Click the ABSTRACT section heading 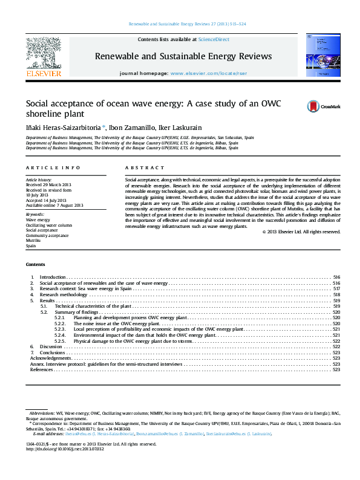(x=145, y=167)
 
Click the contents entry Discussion (x=51, y=346)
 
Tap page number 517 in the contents (x=336, y=289)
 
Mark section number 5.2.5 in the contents (x=59, y=340)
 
